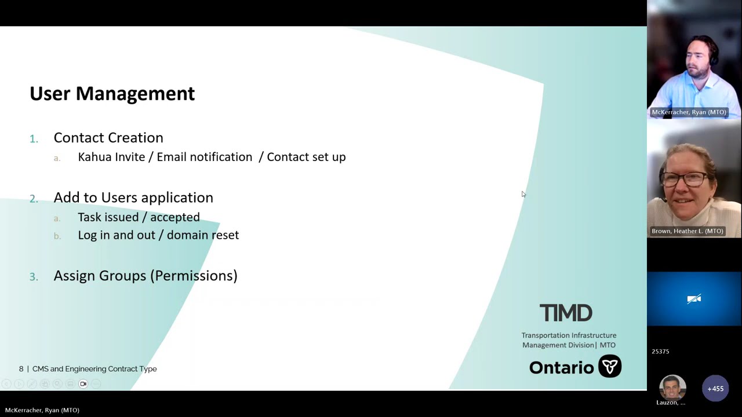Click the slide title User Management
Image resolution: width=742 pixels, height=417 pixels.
(112, 93)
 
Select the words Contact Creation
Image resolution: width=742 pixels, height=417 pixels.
(108, 138)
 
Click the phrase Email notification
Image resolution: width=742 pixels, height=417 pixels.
(204, 157)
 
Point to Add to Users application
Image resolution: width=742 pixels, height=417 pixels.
(133, 197)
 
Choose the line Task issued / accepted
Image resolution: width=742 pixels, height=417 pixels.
(139, 217)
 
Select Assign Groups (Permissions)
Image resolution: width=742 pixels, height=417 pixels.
(146, 276)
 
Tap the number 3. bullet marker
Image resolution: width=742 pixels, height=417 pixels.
(34, 277)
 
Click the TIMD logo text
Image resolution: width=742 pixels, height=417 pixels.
(566, 313)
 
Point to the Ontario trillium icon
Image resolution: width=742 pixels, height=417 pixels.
(610, 367)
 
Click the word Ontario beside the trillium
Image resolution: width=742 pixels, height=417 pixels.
(561, 368)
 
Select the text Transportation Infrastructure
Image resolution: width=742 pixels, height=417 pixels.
(569, 335)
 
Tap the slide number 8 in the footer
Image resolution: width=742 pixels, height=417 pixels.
(21, 369)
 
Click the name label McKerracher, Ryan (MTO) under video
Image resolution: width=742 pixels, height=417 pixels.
(689, 112)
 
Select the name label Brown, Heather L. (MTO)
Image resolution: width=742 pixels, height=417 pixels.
(688, 231)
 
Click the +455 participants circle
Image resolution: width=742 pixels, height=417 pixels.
(715, 389)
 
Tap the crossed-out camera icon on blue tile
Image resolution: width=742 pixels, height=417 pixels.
(694, 299)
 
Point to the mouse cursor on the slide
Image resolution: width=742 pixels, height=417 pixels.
(523, 195)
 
